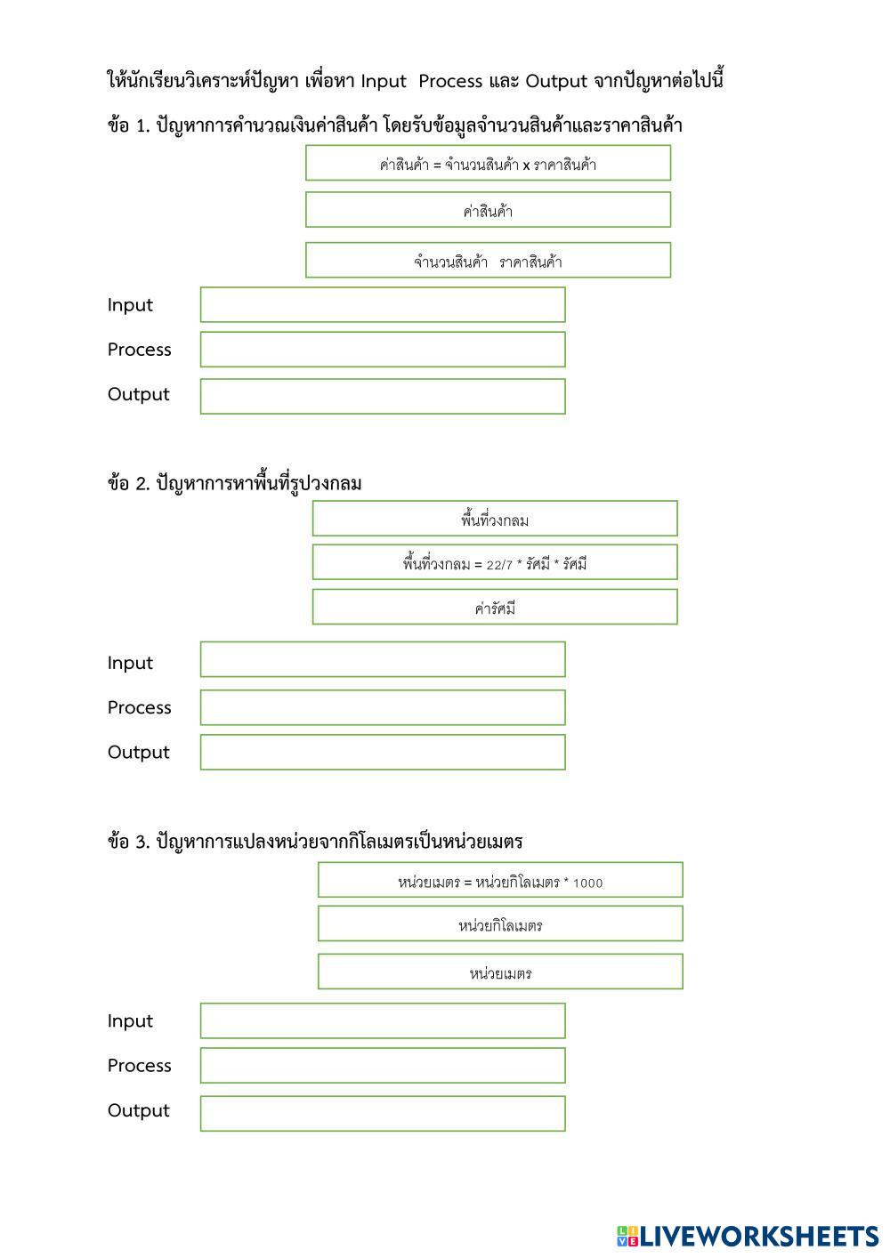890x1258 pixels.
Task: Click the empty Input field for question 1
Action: click(383, 304)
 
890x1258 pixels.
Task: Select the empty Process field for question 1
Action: click(383, 350)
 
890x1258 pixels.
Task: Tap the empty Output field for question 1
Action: click(383, 396)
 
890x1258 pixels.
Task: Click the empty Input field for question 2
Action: click(383, 659)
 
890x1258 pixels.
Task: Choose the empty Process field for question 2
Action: click(383, 707)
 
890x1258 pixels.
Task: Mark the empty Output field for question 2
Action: click(383, 752)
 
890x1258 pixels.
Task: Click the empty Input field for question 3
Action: click(383, 1020)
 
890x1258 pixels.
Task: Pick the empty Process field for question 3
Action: click(383, 1065)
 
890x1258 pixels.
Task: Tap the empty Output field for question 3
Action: click(383, 1113)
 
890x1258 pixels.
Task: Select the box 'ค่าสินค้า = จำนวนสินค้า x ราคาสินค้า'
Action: click(488, 164)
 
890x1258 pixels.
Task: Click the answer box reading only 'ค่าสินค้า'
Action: click(488, 211)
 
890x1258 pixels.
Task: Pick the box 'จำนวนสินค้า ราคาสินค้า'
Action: click(488, 261)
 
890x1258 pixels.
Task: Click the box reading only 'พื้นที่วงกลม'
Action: click(495, 519)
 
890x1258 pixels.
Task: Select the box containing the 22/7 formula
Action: click(495, 562)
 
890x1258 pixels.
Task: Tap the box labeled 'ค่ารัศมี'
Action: click(495, 607)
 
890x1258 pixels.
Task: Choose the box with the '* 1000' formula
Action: click(500, 880)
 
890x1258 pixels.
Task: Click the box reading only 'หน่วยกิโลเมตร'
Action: click(500, 923)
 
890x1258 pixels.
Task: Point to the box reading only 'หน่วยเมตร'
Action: click(500, 972)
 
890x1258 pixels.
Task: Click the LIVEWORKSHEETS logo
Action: click(747, 1236)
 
